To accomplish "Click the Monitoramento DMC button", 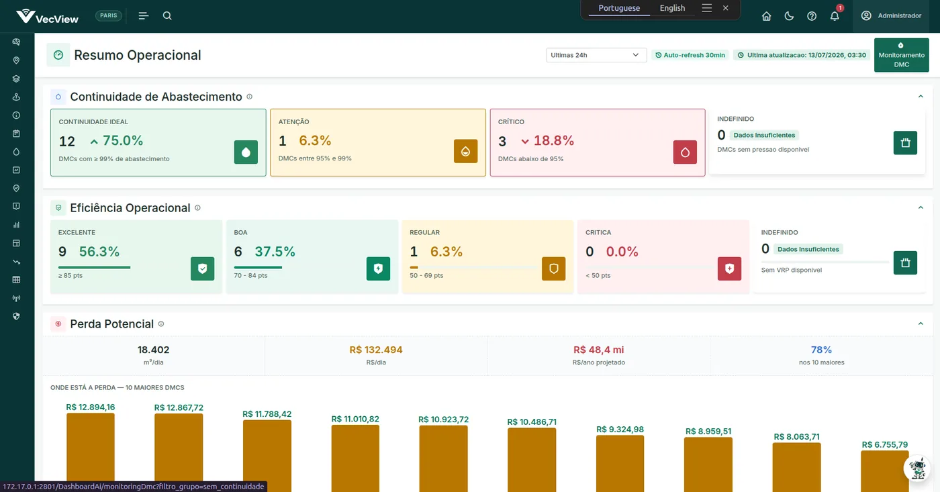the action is tap(901, 55).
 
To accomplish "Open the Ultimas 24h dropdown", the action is tap(596, 55).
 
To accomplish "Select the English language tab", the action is tap(672, 8).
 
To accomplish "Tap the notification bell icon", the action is tap(834, 16).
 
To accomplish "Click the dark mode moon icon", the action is tap(789, 16).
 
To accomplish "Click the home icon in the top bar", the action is tap(766, 16).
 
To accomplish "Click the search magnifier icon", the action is tap(167, 15).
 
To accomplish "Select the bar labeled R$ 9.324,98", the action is tap(620, 464).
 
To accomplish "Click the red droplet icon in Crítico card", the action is tap(685, 152).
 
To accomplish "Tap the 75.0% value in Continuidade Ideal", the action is tap(122, 140).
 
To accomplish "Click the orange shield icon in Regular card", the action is tap(553, 268).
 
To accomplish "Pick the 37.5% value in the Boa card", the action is tap(275, 252).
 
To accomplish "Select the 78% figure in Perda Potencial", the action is tap(821, 350).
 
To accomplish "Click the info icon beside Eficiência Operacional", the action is tap(197, 207).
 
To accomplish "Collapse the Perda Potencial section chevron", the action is tap(921, 324).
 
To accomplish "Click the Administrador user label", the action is tap(899, 16).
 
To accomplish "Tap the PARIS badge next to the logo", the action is tap(109, 15).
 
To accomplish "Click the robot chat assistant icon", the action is tap(917, 468).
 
